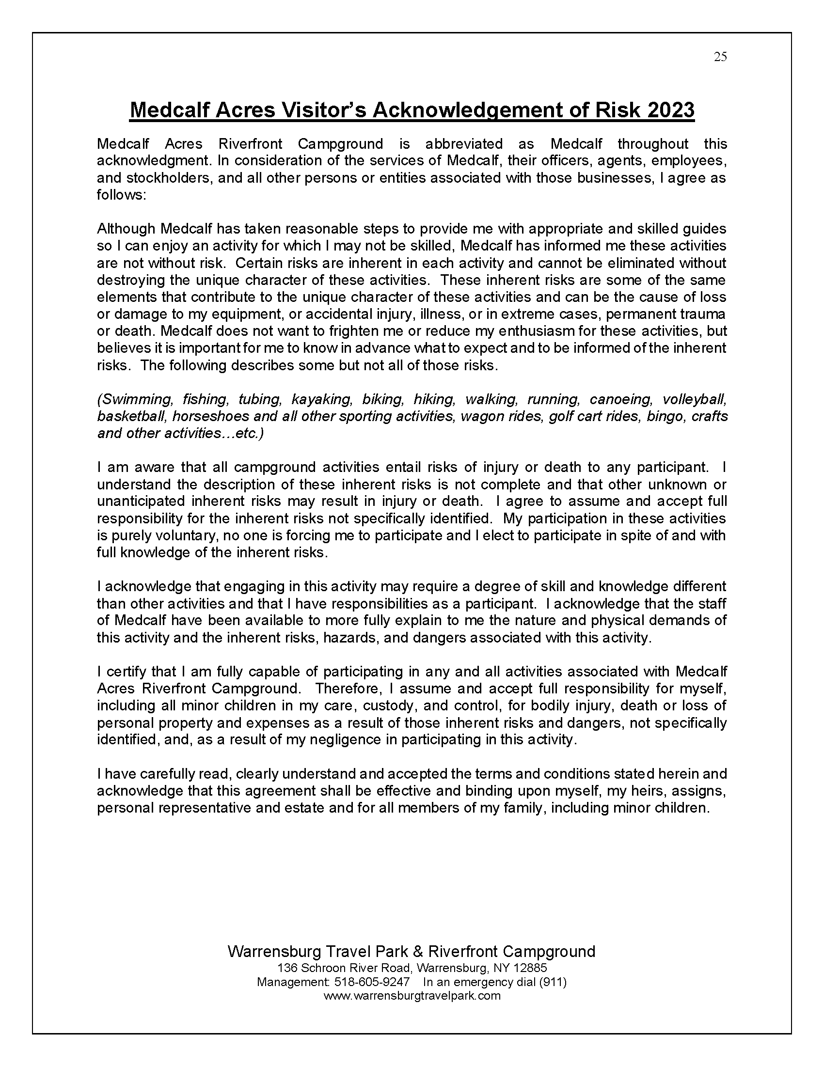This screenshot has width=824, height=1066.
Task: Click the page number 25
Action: coord(720,57)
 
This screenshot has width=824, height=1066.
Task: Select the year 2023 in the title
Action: coord(670,110)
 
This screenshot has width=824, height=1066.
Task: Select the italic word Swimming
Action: coord(135,400)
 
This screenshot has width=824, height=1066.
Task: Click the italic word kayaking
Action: coord(322,400)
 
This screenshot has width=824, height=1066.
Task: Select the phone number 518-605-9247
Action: coord(371,982)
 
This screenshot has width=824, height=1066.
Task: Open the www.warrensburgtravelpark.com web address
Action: coord(412,996)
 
